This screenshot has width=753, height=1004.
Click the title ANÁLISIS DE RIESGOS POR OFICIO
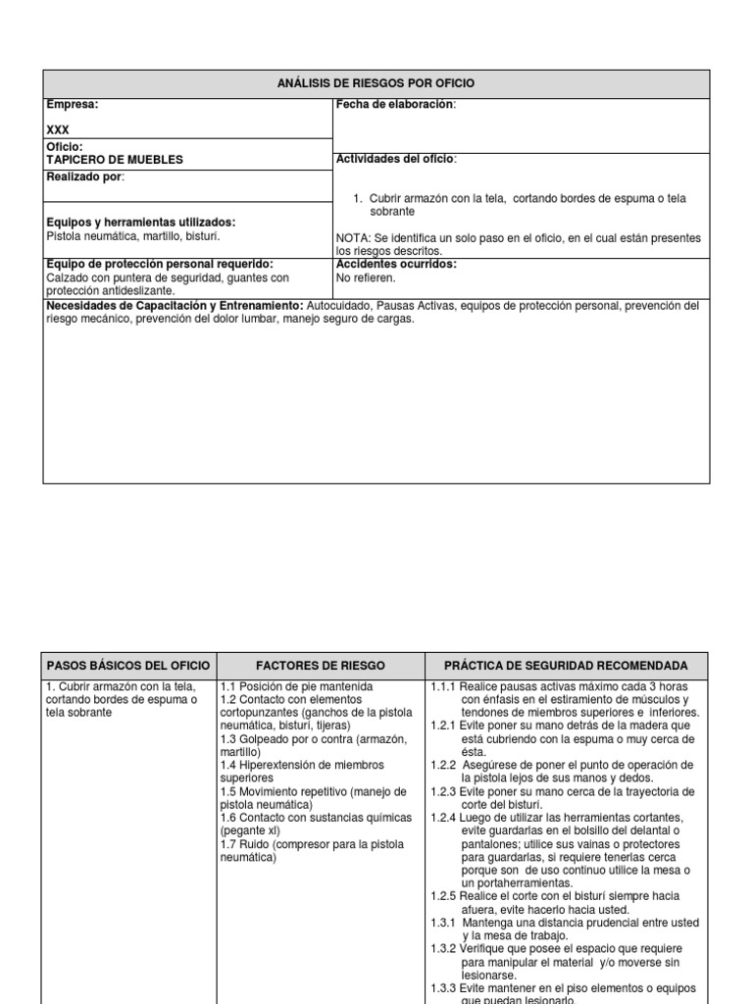(x=376, y=83)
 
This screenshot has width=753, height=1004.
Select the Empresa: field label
(x=72, y=104)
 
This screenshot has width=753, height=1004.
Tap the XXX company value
(x=58, y=129)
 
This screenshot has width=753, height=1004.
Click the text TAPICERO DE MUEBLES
(x=115, y=159)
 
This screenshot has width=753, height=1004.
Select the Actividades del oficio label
(x=396, y=159)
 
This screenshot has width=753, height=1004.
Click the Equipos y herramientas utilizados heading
(x=141, y=223)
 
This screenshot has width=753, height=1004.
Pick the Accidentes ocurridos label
(x=396, y=264)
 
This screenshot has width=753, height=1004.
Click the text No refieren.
(x=366, y=277)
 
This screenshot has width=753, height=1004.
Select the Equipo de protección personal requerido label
(x=160, y=264)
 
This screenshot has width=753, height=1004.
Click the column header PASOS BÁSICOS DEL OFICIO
(x=129, y=665)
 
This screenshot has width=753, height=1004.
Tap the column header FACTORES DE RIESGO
(x=320, y=665)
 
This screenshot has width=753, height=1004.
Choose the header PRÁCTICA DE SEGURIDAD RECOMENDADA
(x=566, y=665)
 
